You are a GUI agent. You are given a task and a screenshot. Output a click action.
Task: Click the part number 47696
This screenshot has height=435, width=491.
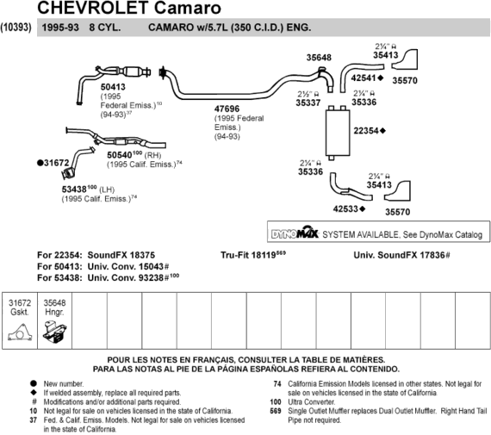tap(227, 109)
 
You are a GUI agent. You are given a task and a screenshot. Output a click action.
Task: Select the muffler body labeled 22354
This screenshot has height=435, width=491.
tap(338, 133)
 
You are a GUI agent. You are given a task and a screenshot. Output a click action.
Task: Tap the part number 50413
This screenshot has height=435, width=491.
tap(113, 87)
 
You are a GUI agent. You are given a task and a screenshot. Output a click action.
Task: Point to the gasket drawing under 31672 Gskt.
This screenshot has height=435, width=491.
tap(20, 332)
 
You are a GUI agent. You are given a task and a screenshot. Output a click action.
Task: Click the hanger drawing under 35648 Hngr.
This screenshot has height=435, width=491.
tap(54, 332)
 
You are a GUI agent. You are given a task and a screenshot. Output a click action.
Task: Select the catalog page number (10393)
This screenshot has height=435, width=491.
tap(16, 28)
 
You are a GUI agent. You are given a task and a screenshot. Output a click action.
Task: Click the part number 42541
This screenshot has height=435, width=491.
tap(364, 78)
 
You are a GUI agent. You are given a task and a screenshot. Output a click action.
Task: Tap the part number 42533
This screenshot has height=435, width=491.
tap(345, 208)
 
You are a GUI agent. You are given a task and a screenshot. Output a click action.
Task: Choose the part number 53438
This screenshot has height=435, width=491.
tap(74, 190)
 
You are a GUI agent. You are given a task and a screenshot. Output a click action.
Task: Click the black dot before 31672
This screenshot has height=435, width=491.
tap(40, 163)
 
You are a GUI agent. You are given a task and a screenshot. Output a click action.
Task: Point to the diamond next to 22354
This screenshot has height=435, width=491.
tap(382, 131)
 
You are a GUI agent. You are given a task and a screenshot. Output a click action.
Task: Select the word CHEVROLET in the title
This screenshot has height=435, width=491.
tap(93, 8)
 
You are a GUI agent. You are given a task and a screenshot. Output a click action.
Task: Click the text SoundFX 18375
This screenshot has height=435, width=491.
tap(121, 255)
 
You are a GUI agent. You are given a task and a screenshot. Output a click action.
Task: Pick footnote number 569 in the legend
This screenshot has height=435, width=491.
tap(276, 411)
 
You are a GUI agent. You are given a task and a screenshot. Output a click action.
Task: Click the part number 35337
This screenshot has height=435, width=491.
tap(308, 103)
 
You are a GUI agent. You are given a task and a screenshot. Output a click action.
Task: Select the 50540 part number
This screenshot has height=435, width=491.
tap(120, 155)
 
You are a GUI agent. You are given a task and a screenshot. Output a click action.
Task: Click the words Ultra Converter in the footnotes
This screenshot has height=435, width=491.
tap(311, 401)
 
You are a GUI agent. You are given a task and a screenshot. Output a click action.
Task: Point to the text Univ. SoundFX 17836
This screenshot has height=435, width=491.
tap(399, 255)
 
